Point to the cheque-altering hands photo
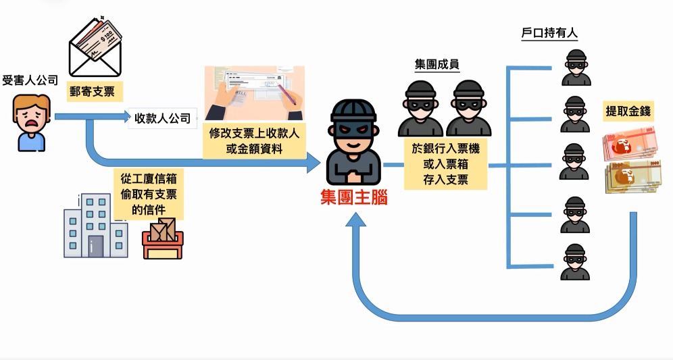(254, 94)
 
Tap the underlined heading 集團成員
(437, 65)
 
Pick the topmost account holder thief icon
(576, 67)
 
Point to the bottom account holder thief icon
(576, 262)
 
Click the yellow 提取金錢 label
(628, 111)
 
